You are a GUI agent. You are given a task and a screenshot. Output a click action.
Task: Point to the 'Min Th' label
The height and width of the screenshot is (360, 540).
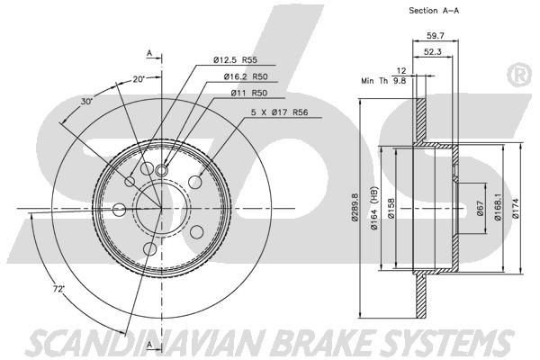point(371,81)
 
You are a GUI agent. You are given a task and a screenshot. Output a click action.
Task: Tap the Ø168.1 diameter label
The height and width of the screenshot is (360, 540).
point(499,209)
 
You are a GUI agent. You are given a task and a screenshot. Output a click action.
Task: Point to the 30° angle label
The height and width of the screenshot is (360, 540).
point(87,102)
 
